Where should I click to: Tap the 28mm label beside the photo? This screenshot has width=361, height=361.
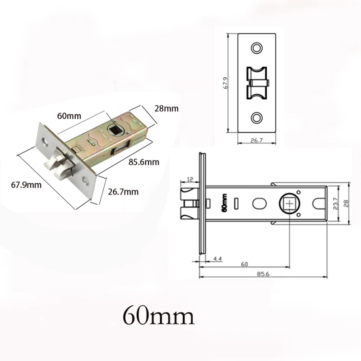pyautogui.click(x=166, y=109)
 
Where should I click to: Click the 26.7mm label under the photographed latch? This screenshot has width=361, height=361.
pyautogui.click(x=123, y=192)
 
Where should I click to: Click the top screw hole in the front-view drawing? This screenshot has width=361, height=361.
pyautogui.click(x=257, y=47)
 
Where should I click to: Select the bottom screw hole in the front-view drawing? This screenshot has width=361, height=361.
pyautogui.click(x=257, y=118)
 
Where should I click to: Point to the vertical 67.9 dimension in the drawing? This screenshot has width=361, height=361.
pyautogui.click(x=230, y=82)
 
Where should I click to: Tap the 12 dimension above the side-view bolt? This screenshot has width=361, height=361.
pyautogui.click(x=189, y=180)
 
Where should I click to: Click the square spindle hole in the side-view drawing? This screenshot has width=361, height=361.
pyautogui.click(x=288, y=204)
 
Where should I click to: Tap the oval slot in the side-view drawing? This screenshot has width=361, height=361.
pyautogui.click(x=259, y=204)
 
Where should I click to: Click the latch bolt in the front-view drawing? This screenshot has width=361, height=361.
pyautogui.click(x=256, y=83)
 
